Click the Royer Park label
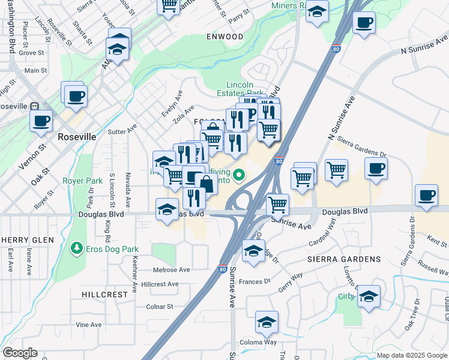click(82, 180)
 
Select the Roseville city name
click(77, 137)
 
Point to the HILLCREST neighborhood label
click(105, 295)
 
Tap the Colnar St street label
click(159, 306)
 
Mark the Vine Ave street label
click(89, 325)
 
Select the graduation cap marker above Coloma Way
click(267, 322)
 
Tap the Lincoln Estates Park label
click(245, 89)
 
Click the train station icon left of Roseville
click(34, 106)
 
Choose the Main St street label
click(35, 71)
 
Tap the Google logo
click(20, 353)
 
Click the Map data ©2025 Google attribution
click(411, 355)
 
